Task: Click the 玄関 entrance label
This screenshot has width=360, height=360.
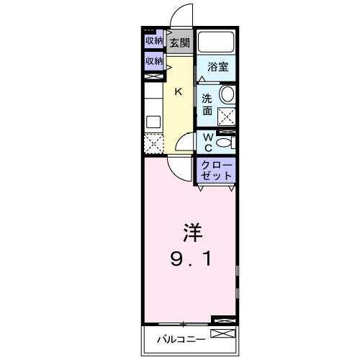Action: coord(180,42)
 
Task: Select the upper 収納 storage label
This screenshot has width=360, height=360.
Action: coord(153,41)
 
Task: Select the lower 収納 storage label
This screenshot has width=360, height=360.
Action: coord(153,62)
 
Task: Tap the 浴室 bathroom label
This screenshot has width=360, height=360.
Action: coord(217,68)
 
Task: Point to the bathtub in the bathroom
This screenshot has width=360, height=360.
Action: coord(217,42)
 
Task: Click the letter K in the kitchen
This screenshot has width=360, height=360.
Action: coord(179,91)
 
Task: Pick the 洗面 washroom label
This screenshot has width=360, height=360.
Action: coord(207,104)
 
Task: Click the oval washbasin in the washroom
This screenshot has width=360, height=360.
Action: coord(227,94)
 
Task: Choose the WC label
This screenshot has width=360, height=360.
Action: coord(207,142)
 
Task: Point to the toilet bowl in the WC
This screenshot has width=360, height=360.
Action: coord(224,143)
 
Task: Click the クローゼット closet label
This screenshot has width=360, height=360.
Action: coord(217,171)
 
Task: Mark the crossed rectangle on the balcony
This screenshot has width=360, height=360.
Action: coord(222,333)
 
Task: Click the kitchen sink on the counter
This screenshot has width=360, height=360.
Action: coord(153,121)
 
